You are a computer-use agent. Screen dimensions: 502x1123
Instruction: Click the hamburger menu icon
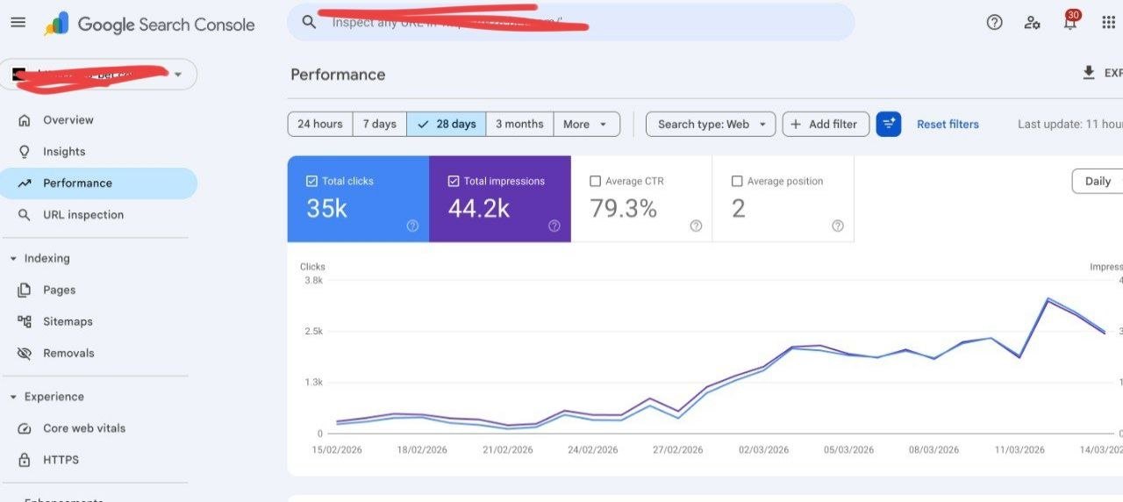tap(18, 23)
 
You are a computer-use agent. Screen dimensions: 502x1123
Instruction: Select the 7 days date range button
tap(379, 124)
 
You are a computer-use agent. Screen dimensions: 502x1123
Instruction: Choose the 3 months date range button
tap(519, 124)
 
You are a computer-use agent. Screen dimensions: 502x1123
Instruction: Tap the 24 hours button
tap(320, 124)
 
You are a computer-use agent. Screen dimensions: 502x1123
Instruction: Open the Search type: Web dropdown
tap(711, 124)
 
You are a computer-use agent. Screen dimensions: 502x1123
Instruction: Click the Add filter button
tap(825, 124)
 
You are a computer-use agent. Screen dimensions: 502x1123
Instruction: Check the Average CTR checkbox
tap(596, 182)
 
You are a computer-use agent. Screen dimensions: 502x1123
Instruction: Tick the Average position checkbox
tap(737, 182)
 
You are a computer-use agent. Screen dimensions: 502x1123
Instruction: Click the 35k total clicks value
tap(326, 208)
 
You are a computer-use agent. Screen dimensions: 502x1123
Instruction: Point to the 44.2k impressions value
tap(478, 208)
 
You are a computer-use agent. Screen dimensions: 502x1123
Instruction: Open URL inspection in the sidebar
tap(82, 215)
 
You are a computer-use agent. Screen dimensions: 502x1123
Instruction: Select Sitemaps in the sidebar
tap(68, 322)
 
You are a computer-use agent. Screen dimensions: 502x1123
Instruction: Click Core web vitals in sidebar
tap(83, 428)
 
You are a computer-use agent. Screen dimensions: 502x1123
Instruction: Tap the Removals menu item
tap(68, 354)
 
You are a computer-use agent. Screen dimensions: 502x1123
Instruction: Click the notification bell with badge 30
tap(1069, 23)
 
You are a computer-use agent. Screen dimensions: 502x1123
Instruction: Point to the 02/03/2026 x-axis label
tap(763, 450)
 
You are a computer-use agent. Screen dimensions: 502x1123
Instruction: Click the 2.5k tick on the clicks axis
tap(313, 332)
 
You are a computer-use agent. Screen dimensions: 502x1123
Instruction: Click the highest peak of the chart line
tap(1048, 299)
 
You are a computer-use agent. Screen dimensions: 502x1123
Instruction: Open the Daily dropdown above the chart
tap(1098, 182)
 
